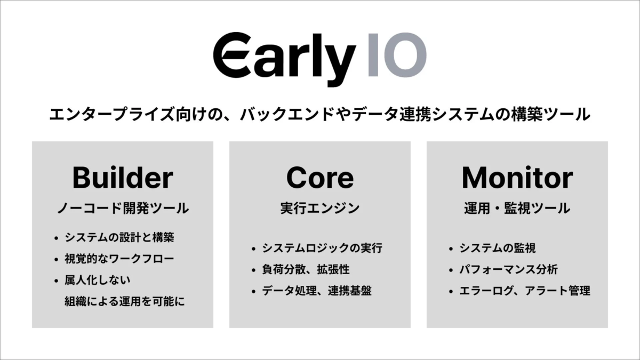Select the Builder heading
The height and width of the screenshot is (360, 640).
pos(123,178)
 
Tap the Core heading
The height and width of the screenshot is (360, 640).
pos(319,178)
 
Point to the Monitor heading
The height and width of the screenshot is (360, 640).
pos(517,178)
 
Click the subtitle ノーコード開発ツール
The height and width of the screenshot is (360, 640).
pos(123,209)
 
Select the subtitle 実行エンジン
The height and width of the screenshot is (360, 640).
pos(319,209)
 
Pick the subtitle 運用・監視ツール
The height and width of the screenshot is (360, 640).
pos(517,209)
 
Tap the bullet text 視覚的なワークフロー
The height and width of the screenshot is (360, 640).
pos(119,259)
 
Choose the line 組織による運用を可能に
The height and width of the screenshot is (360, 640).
pos(124,302)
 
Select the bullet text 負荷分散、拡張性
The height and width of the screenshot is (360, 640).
pos(306,270)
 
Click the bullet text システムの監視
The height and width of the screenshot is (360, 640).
pos(498,249)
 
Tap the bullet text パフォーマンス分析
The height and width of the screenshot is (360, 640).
pos(508,270)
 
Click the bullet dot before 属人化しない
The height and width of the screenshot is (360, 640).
pos(55,281)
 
